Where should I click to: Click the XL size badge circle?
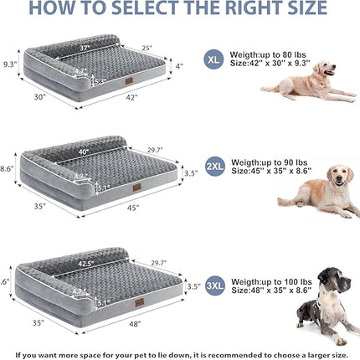(x=214, y=59)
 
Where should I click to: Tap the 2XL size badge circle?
(x=214, y=167)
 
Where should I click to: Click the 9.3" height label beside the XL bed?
(x=10, y=63)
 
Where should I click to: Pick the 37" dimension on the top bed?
(x=86, y=49)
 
